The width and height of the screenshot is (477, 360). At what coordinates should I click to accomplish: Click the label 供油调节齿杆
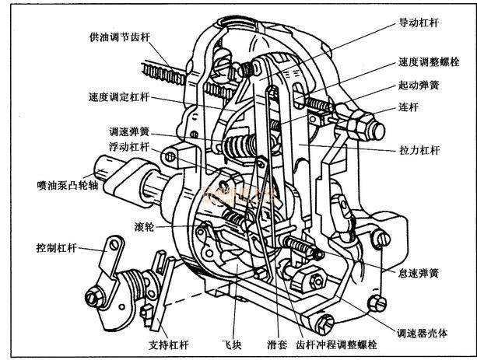(120, 37)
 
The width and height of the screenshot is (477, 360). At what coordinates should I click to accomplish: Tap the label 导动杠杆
(419, 23)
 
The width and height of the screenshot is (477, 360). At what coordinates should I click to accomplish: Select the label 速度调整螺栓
(429, 61)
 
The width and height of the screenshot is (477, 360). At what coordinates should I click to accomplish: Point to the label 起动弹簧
(419, 85)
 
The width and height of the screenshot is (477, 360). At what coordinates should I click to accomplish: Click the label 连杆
(409, 107)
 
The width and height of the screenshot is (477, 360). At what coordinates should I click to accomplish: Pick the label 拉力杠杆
(419, 150)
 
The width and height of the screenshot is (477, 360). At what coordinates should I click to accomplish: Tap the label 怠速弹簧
(419, 273)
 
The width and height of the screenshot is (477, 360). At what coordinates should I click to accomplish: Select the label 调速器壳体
(422, 334)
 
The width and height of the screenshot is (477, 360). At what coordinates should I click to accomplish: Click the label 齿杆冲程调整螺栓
(336, 344)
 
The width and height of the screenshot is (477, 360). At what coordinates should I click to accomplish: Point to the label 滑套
(277, 344)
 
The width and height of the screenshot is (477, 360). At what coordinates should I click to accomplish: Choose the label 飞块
(232, 344)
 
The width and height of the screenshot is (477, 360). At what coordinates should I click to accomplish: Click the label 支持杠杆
(169, 344)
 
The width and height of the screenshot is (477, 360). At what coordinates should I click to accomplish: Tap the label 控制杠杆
(56, 248)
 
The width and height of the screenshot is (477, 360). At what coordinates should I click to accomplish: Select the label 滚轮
(144, 226)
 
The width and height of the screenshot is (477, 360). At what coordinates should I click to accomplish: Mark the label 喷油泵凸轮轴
(68, 185)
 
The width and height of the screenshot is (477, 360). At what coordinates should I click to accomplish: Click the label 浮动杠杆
(129, 146)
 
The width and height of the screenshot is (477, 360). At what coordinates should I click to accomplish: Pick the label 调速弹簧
(129, 131)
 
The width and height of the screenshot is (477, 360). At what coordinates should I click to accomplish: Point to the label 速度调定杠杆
(119, 97)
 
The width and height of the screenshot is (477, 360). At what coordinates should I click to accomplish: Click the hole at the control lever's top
(114, 245)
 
